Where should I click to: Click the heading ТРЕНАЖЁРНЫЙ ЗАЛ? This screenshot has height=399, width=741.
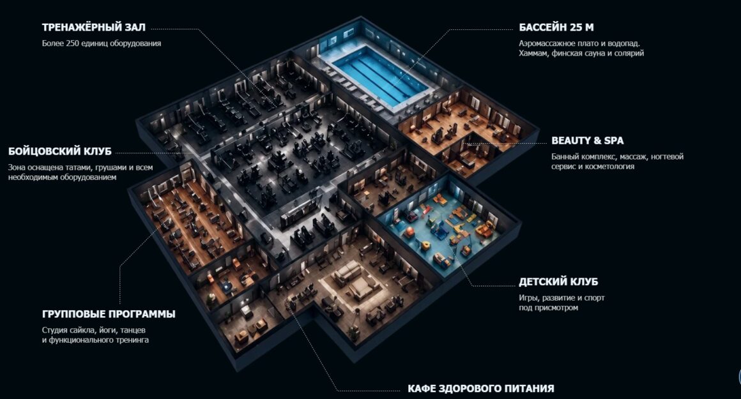(x=93, y=27)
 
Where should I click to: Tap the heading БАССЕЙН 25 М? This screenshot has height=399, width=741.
(x=556, y=27)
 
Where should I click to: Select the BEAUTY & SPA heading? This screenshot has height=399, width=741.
(x=588, y=140)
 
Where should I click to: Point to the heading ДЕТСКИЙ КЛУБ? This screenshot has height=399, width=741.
(x=558, y=282)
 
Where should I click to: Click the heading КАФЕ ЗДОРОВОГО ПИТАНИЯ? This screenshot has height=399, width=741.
(x=480, y=388)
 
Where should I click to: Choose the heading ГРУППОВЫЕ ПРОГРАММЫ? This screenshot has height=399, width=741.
(x=109, y=314)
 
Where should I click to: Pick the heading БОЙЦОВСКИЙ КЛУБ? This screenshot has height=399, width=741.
(x=60, y=151)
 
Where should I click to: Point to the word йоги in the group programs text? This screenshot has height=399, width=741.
(x=106, y=330)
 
